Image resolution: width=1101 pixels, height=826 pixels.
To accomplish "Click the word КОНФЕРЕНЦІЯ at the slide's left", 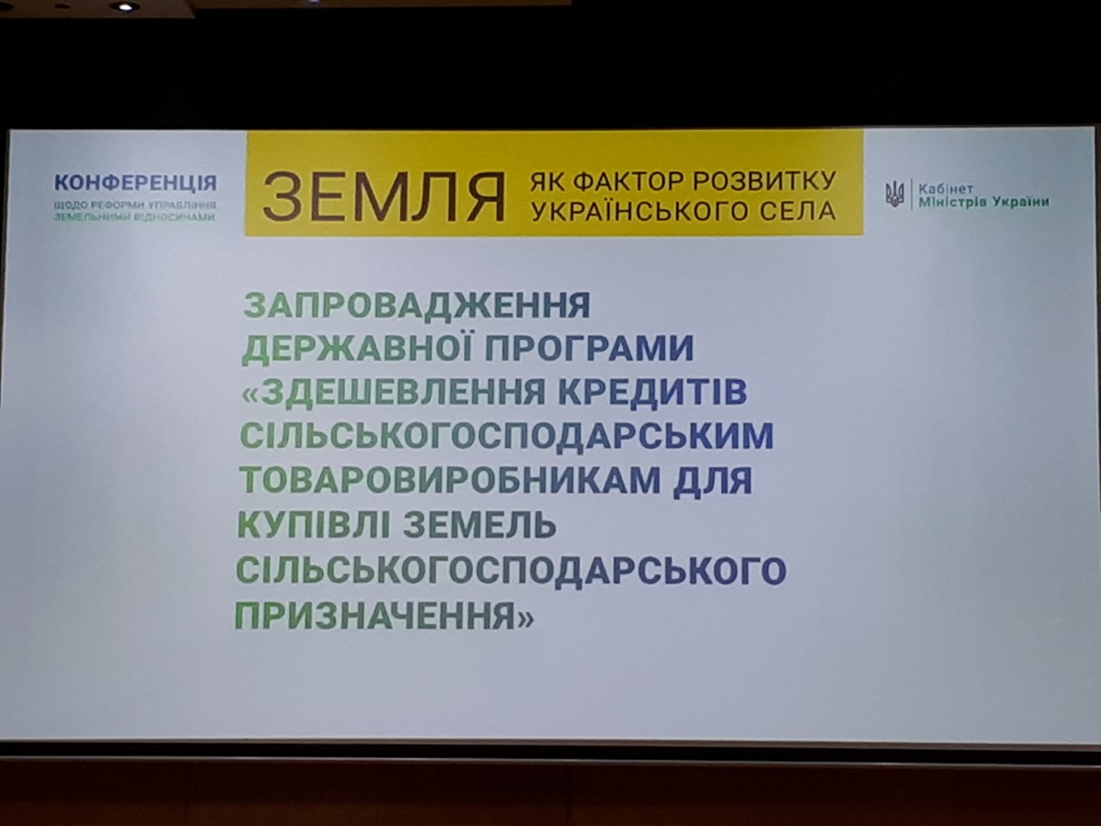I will click(x=135, y=182).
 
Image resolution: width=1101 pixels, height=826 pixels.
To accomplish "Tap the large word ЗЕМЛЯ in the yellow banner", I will click(x=384, y=196).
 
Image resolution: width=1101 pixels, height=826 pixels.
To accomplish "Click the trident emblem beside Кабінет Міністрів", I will click(x=895, y=194).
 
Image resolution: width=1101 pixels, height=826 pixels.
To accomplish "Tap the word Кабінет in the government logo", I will click(x=945, y=188).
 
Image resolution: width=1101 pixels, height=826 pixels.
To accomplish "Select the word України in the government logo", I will click(x=1021, y=202).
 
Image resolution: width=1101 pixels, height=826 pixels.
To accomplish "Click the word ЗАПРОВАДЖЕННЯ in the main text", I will click(x=418, y=305).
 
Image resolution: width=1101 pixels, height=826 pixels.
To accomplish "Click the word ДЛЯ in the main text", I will click(x=713, y=480).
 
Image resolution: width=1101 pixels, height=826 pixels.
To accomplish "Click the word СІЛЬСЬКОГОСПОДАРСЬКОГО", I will click(x=511, y=570).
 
